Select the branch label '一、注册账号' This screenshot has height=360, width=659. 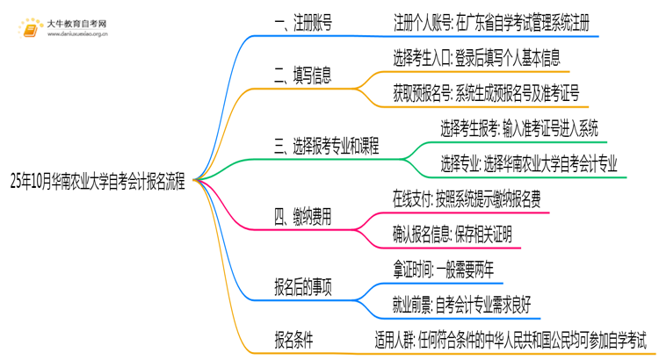coord(304,23)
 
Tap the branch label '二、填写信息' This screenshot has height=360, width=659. coord(304,76)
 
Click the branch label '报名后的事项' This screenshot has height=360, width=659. coord(303,286)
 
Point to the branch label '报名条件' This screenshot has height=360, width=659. coord(293,338)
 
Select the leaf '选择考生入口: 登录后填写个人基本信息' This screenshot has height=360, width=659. coord(477,58)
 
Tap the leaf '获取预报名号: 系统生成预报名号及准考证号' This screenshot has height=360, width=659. coord(486,93)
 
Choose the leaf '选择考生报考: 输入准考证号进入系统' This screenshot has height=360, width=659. coord(519,129)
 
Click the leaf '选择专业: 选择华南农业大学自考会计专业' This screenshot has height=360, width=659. coord(529,164)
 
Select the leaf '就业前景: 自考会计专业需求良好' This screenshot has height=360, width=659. coord(462,304)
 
